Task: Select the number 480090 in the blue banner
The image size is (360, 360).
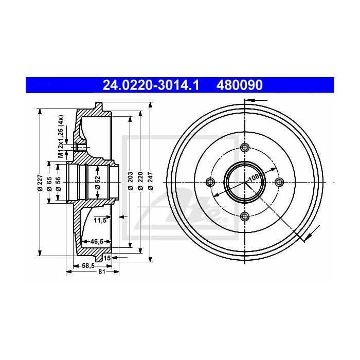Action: (x=240, y=84)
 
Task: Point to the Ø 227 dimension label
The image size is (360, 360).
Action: (x=40, y=183)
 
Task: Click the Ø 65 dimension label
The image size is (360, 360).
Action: (x=50, y=183)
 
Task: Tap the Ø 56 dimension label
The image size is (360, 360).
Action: (x=59, y=183)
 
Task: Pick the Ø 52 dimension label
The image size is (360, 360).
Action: (x=98, y=183)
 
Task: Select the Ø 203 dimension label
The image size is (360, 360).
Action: (x=131, y=183)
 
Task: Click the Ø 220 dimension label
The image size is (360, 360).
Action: (x=140, y=183)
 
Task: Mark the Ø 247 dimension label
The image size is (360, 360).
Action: (x=150, y=183)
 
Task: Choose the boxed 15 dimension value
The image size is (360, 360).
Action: (x=107, y=257)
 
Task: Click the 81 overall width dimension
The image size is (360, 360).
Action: (x=101, y=272)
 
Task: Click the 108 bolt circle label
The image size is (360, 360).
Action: (x=253, y=178)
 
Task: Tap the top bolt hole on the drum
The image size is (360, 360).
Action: (x=245, y=148)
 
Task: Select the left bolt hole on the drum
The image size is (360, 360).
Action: (x=210, y=182)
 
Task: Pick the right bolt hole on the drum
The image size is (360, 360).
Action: (x=280, y=182)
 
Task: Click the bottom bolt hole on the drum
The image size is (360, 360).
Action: (x=245, y=216)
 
